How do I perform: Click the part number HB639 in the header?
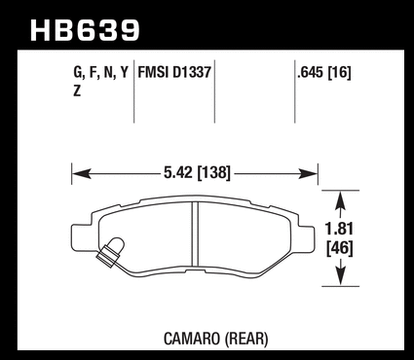coord(85,31)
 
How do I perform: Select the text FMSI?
coord(154,72)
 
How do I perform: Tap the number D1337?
coord(192,72)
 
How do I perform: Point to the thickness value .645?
coord(311,72)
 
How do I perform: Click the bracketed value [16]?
coord(340,72)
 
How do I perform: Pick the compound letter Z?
coord(77,91)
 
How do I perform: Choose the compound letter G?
coord(78,72)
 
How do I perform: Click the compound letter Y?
coord(125,72)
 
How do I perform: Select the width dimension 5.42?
coord(179,172)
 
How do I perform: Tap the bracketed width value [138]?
coord(214,172)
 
